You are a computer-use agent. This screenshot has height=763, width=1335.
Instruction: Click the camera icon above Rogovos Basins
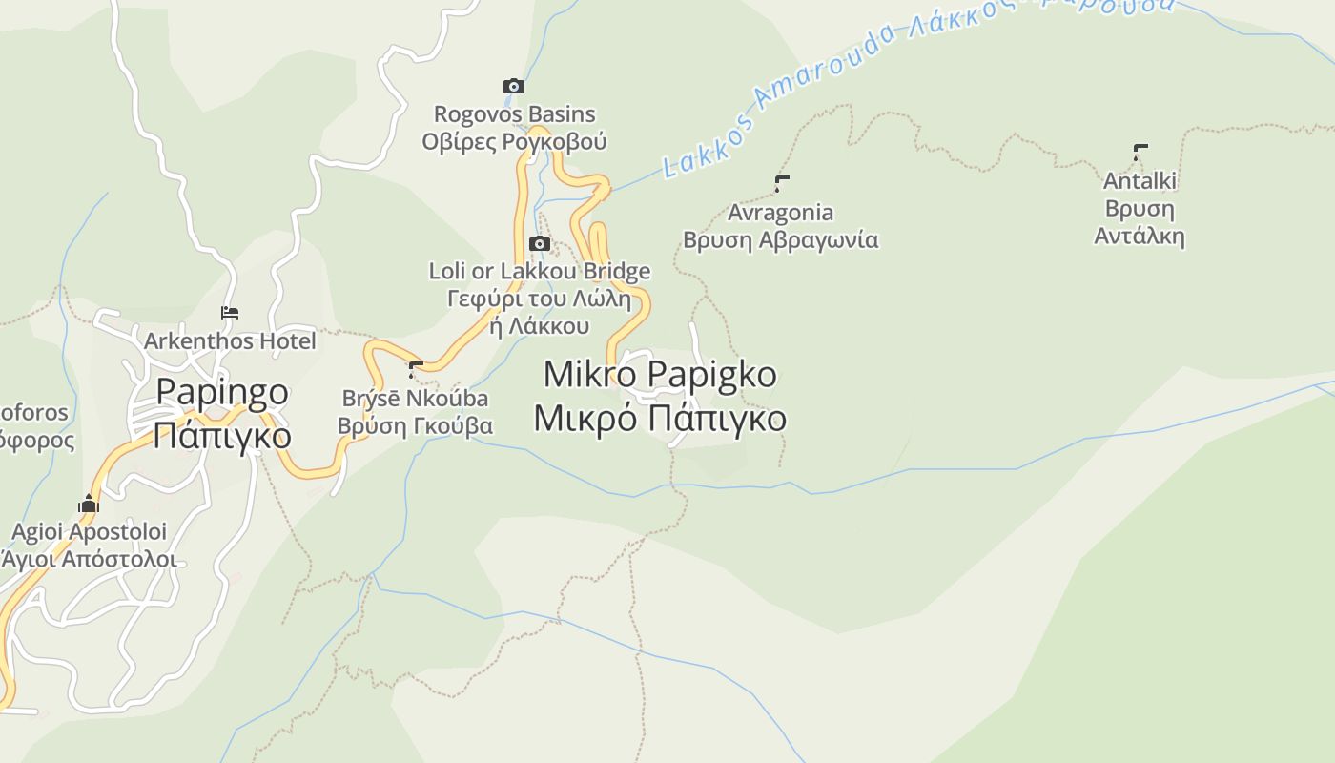click(x=513, y=87)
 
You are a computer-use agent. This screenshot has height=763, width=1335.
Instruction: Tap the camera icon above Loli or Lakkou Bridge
click(x=540, y=243)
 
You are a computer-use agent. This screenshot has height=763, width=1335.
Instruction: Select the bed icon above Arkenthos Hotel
click(x=230, y=313)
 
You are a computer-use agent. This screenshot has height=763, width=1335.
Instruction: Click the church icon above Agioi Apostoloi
click(x=89, y=504)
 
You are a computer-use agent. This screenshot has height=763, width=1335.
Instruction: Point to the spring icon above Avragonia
click(x=782, y=182)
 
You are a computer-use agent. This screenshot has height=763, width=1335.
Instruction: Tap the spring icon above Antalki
click(x=1140, y=151)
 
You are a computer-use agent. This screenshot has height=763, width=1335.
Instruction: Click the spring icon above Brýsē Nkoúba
click(x=416, y=368)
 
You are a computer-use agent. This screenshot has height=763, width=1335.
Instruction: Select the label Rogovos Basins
click(x=514, y=114)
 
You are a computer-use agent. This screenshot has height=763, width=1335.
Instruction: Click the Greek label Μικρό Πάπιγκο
click(x=660, y=419)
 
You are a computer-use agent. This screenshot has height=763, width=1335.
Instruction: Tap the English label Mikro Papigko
click(x=660, y=374)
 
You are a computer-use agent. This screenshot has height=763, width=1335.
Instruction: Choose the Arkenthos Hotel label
click(x=230, y=340)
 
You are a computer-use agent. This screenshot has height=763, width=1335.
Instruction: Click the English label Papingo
click(x=222, y=391)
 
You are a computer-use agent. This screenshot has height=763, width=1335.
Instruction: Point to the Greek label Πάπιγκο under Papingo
click(x=222, y=435)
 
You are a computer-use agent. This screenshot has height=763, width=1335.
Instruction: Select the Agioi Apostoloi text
click(x=89, y=531)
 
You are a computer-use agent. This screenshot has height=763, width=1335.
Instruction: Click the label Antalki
click(x=1140, y=180)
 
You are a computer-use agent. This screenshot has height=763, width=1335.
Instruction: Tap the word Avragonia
click(x=780, y=212)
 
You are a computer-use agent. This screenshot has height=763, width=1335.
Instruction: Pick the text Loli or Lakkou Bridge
click(x=540, y=271)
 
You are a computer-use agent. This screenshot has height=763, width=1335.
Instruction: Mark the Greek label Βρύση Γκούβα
click(x=416, y=425)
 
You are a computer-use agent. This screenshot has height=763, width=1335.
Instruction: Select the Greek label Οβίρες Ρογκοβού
click(x=514, y=142)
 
